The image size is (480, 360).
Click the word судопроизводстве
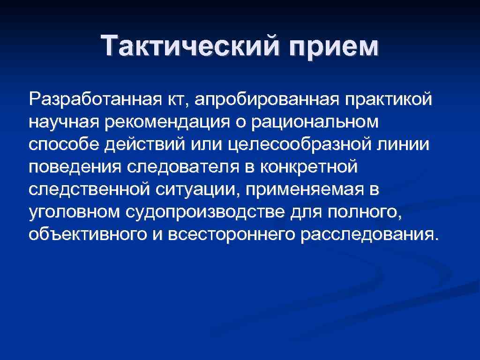[204, 211]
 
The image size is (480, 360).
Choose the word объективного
[87, 234]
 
